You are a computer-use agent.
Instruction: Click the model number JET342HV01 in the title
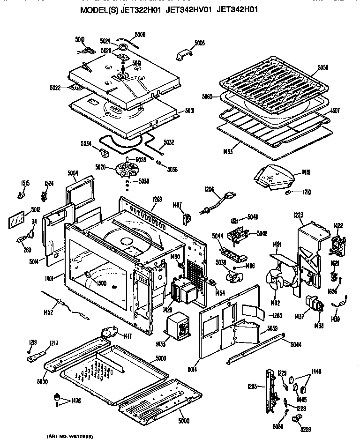coord(189,22)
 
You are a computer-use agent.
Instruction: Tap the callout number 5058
coord(323,67)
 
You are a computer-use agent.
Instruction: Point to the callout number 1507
coord(335,111)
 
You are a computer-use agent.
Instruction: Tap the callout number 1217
coord(54,343)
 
